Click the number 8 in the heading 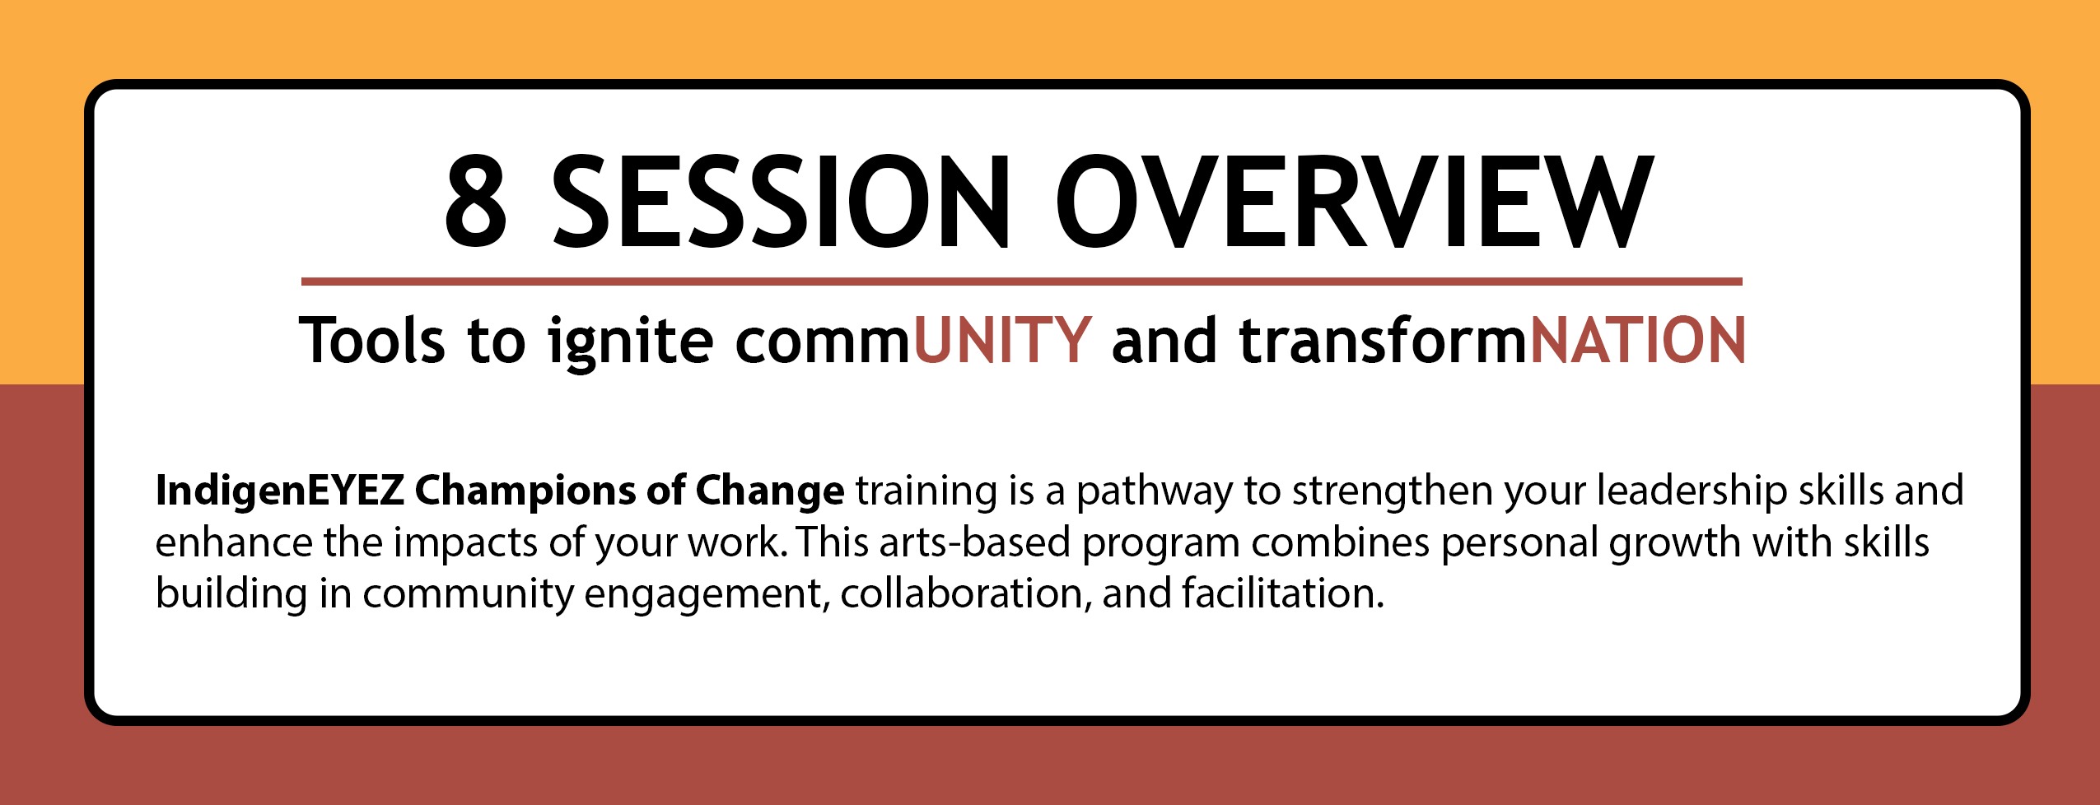click(x=475, y=201)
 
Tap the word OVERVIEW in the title click(x=1356, y=201)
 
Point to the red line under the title click(x=1021, y=282)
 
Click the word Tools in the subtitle click(x=371, y=340)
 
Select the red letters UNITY click(x=1002, y=340)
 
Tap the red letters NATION click(x=1637, y=340)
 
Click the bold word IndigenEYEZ click(x=279, y=492)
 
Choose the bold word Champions click(x=525, y=492)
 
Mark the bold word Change click(x=770, y=492)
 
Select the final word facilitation click(x=1283, y=593)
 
